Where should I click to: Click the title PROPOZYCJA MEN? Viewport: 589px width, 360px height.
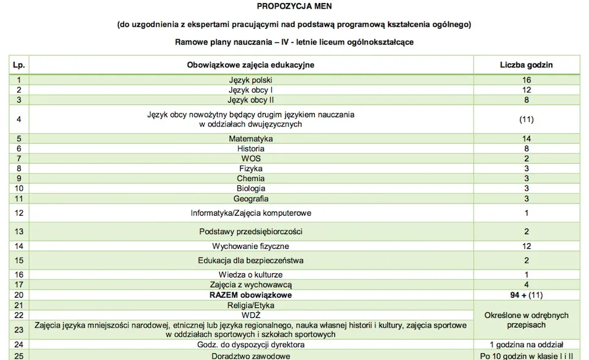294,7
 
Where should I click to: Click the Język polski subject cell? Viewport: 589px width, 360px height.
251,80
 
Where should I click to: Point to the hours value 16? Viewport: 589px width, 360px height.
526,80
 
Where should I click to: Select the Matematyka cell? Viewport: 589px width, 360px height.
251,139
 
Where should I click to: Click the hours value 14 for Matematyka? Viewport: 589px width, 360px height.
526,139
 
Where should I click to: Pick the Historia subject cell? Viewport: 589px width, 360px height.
251,149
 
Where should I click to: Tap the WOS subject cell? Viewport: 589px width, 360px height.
251,158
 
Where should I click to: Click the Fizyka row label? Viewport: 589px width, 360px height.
251,168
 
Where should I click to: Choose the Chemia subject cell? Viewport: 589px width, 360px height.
251,178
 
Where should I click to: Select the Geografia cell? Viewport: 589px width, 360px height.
251,199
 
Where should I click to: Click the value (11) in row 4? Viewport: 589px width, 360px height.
526,119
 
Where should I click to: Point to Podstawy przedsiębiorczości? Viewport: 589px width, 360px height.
251,232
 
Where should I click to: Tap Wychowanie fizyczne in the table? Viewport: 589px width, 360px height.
251,246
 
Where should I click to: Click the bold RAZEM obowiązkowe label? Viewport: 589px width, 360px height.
251,295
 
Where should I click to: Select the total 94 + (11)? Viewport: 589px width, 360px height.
526,295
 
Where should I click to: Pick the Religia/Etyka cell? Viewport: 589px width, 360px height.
251,305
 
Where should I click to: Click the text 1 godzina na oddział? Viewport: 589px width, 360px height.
526,345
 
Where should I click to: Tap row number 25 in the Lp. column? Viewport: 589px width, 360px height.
19,356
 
